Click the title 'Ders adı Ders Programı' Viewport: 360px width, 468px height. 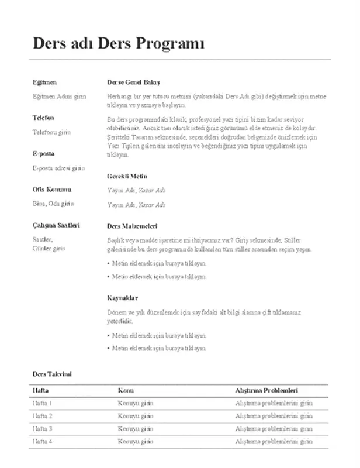pyautogui.click(x=119, y=44)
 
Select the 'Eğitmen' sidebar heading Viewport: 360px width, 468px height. pyautogui.click(x=44, y=82)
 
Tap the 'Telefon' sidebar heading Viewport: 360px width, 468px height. pyautogui.click(x=43, y=118)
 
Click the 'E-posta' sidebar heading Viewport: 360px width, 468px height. pyautogui.click(x=43, y=154)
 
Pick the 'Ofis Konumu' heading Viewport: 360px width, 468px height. pyautogui.click(x=51, y=190)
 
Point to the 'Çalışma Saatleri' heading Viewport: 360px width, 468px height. pyautogui.click(x=56, y=225)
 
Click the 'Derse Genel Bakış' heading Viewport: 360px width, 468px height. pyautogui.click(x=133, y=82)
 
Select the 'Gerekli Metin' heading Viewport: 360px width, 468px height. pyautogui.click(x=127, y=176)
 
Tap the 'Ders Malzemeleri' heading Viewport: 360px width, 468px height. pyautogui.click(x=132, y=226)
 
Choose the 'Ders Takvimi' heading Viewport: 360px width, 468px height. pyautogui.click(x=52, y=373)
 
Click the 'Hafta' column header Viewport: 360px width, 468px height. pyautogui.click(x=40, y=390)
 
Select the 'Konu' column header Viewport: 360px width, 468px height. pyautogui.click(x=126, y=390)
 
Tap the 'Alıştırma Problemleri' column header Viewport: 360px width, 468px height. pyautogui.click(x=267, y=390)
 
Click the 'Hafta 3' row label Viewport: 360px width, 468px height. pyautogui.click(x=43, y=429)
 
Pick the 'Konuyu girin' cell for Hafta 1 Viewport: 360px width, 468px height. pyautogui.click(x=135, y=403)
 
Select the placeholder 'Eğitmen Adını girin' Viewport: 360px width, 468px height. pyautogui.click(x=59, y=96)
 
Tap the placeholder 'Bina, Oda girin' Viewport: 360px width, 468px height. pyautogui.click(x=53, y=204)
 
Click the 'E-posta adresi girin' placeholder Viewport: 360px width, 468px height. pyautogui.click(x=58, y=168)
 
